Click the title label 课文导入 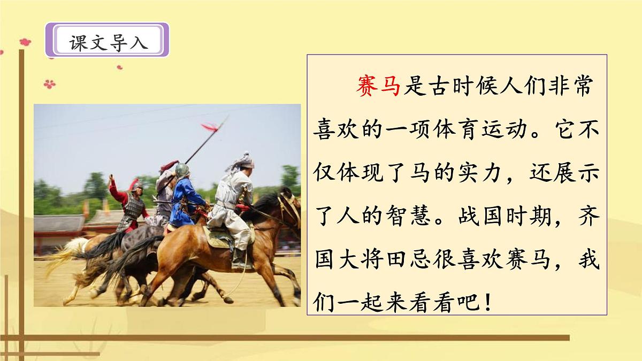[108, 41]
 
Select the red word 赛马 [378, 86]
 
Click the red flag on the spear [210, 127]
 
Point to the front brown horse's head [288, 206]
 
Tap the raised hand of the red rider [111, 178]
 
